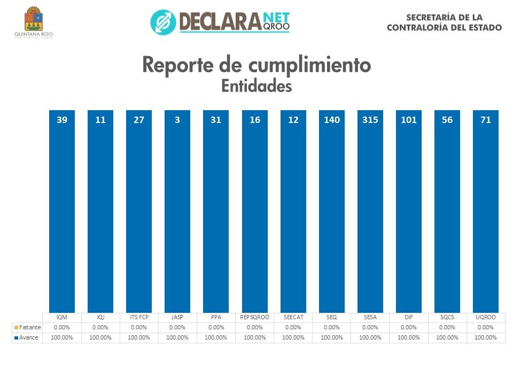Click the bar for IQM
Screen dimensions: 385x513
62,214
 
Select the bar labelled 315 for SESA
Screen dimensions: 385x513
370,214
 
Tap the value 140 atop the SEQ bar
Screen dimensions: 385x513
331,120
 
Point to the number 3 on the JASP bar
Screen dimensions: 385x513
177,120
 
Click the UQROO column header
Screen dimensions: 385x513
485,318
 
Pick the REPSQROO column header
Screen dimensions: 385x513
255,318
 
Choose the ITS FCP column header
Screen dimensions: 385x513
139,318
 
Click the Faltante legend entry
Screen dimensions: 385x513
27,327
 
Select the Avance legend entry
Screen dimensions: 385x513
27,337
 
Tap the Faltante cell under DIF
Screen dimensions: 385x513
408,327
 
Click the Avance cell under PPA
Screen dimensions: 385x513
216,337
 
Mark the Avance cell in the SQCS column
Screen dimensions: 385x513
447,337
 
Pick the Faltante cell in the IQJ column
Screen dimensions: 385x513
100,327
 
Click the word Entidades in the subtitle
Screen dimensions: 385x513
256,86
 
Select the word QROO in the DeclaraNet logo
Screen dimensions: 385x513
276,26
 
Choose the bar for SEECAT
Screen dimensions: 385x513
293,214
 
